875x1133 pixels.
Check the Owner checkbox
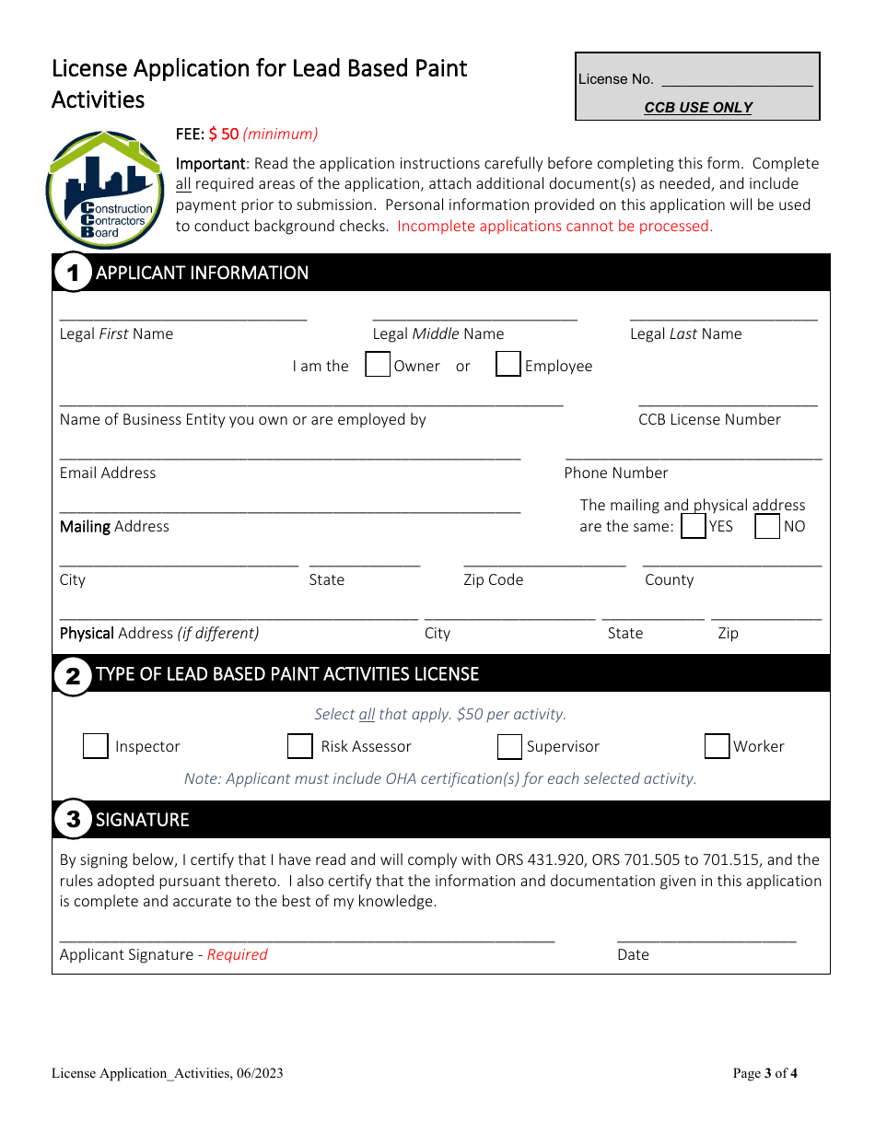tap(378, 366)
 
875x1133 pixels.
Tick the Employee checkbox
tap(508, 365)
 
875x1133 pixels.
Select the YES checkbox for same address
tap(694, 526)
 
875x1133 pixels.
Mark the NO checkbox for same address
tap(767, 526)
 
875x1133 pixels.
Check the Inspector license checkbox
tap(96, 746)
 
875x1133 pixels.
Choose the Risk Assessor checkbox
tap(300, 746)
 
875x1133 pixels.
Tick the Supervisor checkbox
tap(510, 746)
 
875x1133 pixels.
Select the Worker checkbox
tap(717, 746)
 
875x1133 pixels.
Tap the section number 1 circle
tap(73, 273)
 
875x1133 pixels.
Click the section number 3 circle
tap(73, 819)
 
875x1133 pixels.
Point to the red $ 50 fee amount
tap(224, 134)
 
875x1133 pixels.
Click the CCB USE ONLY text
tap(698, 108)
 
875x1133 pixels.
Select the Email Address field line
tap(290, 454)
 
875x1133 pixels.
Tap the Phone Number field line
tap(694, 454)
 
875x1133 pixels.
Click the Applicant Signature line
tap(307, 937)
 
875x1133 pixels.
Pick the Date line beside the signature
tap(706, 937)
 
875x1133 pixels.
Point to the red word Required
tap(237, 955)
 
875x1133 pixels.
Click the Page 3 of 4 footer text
tap(764, 1073)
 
